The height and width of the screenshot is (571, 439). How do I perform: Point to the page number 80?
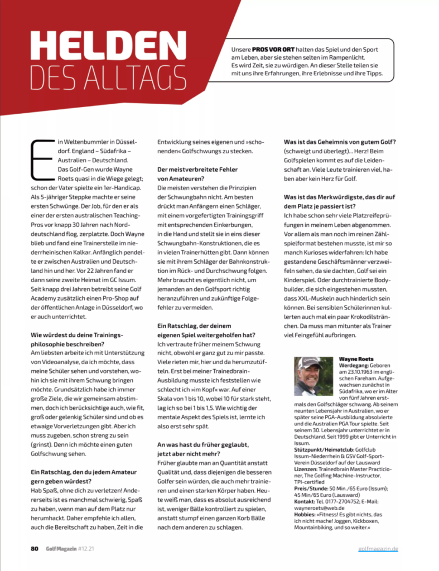click(x=34, y=548)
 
